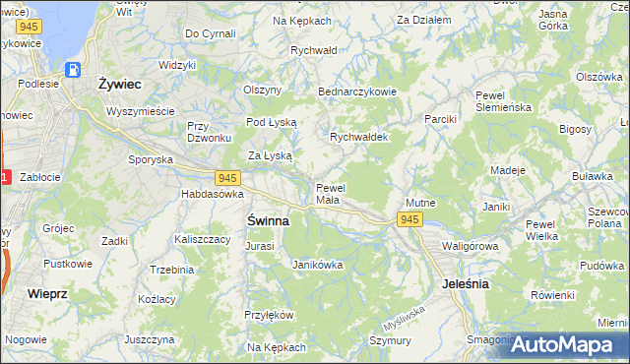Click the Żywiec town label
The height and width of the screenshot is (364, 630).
119,85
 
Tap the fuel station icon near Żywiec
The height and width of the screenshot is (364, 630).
73,70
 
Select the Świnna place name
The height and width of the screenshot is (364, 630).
267,221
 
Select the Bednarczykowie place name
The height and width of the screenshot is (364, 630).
356,91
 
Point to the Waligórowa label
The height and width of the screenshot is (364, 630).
466,246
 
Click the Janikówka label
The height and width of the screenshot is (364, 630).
317,264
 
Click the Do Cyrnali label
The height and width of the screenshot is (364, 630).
210,33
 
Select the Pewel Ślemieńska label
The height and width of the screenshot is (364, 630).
503,101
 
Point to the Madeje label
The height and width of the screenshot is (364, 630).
508,170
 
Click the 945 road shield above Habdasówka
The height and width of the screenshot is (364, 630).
227,178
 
